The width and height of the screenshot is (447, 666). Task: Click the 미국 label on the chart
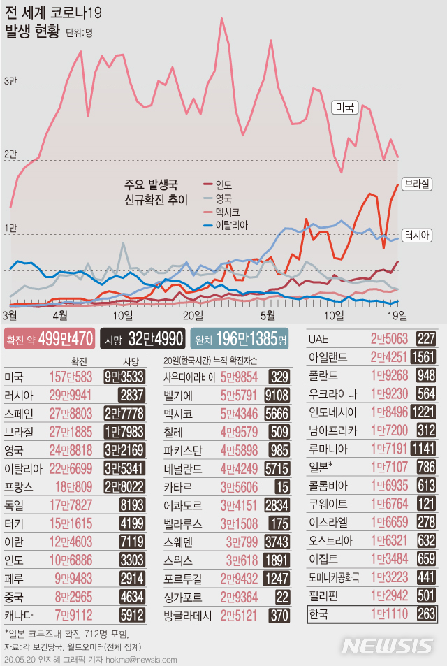pyautogui.click(x=344, y=108)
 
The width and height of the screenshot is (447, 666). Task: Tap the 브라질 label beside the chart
pyautogui.click(x=417, y=184)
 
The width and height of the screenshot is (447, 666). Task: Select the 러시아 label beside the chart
pyautogui.click(x=417, y=236)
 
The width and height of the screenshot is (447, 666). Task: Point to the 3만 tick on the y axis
pyautogui.click(x=10, y=82)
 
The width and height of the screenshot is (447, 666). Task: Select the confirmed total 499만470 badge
pyautogui.click(x=49, y=339)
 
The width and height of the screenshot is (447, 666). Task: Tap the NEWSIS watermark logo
pyautogui.click(x=388, y=644)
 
